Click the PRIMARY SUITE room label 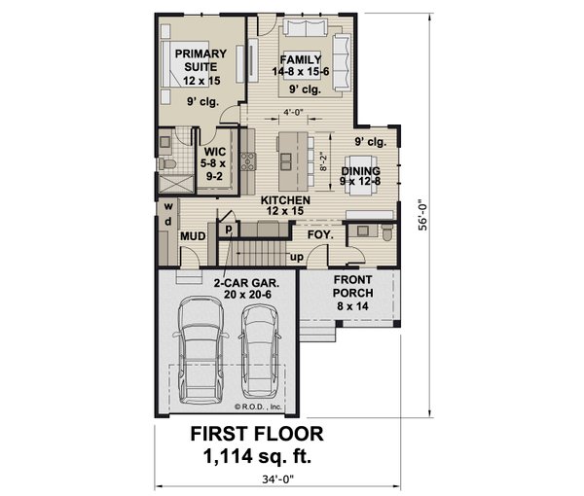pos(202,60)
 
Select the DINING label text pos(361,172)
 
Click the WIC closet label pos(215,153)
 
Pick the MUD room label pos(193,236)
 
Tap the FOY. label pos(320,235)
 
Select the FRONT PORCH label pos(353,284)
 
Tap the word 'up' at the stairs pos(298,257)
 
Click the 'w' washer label pos(168,207)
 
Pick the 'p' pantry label pos(229,230)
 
